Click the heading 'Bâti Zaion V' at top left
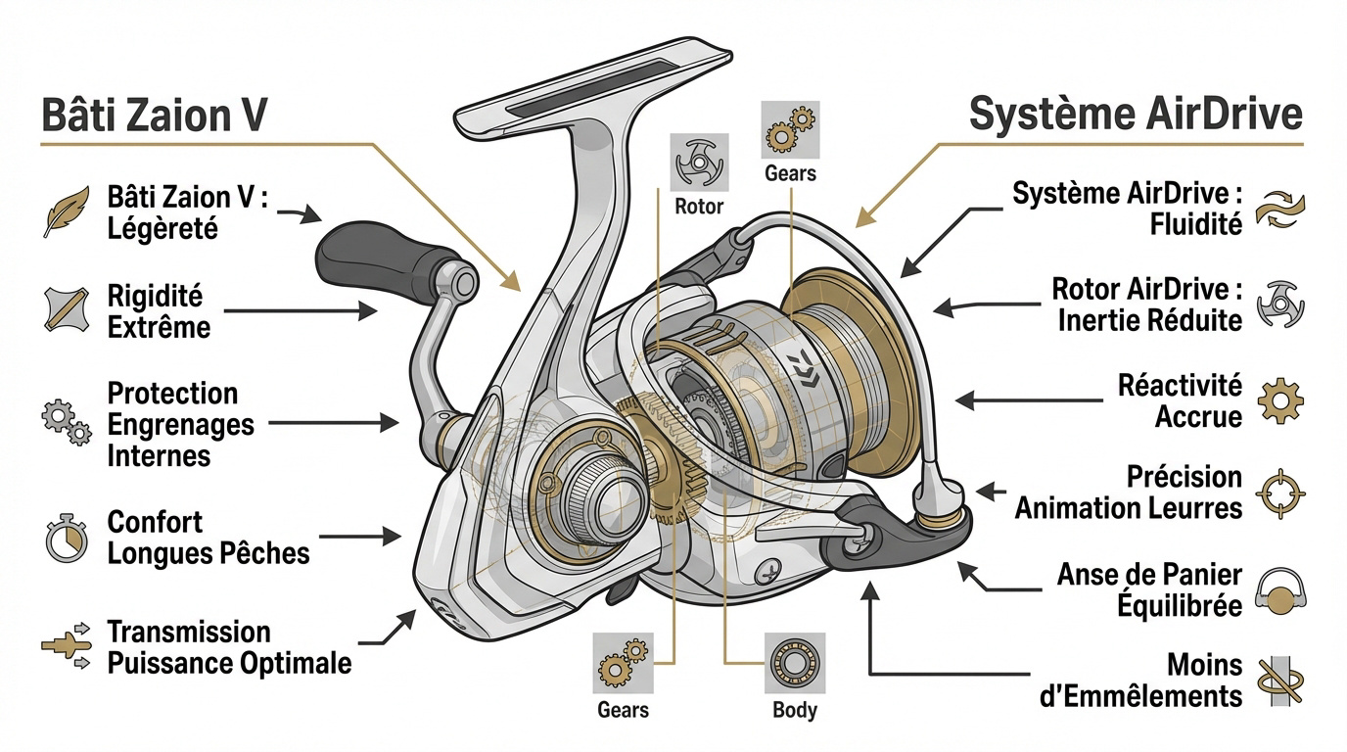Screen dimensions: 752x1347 [x=155, y=116]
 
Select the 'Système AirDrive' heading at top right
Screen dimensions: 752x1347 [x=1136, y=116]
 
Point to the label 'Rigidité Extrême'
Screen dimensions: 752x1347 [x=159, y=310]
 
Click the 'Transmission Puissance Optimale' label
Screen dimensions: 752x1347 [x=227, y=647]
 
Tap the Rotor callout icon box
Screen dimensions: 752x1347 [x=699, y=163]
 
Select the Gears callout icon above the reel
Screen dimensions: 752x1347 [x=790, y=130]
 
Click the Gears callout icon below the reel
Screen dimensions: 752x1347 [x=623, y=663]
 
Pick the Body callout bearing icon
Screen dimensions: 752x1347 [x=795, y=663]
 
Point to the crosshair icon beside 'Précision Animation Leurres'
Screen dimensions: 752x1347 [x=1280, y=492]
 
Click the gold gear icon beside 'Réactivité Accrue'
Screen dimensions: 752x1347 [x=1280, y=400]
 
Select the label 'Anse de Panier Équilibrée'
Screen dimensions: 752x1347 [x=1148, y=589]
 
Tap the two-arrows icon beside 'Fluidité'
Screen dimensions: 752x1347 [x=1280, y=210]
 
